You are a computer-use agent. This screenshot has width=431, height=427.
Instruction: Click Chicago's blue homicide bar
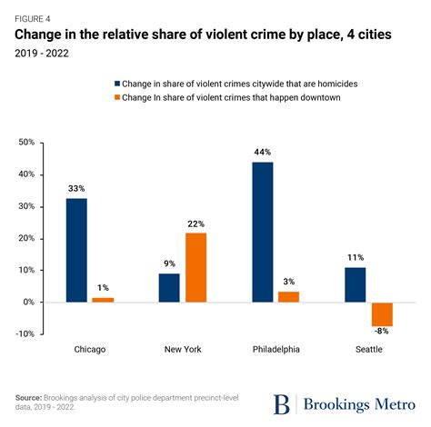[76, 250]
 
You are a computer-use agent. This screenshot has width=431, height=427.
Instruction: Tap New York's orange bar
[196, 267]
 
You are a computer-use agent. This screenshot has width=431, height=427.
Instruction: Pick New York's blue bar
[169, 287]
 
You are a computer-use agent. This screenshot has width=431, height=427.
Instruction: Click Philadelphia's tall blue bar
[262, 232]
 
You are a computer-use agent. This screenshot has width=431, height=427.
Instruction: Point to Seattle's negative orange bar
[382, 313]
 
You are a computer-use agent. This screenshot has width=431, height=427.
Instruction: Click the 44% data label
[262, 153]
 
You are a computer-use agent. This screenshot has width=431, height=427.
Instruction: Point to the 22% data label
[196, 223]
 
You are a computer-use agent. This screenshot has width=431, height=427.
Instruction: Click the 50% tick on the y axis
[25, 143]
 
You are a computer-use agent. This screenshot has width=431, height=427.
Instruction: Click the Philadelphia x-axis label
[276, 350]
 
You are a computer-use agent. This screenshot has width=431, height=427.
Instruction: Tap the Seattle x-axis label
[368, 350]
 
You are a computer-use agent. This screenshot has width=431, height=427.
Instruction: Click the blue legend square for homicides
[116, 84]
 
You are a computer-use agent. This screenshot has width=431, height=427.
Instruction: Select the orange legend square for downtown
[116, 98]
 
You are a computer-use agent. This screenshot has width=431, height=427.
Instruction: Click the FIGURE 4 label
[32, 17]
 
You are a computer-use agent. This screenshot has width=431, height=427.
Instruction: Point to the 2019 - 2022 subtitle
[43, 53]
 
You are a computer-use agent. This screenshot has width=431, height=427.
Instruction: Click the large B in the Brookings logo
[283, 403]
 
